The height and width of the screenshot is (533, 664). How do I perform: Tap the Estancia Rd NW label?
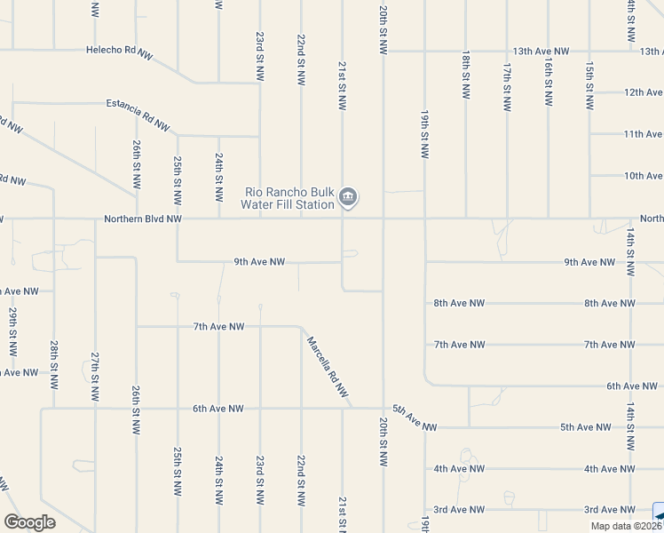point(138,114)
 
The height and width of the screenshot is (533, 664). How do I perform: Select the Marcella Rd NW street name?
point(326,366)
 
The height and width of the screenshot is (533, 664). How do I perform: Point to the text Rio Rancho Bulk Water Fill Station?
point(289,197)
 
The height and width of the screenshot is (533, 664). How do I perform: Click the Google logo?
point(30,522)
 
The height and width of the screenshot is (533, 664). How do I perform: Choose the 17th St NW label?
point(507,86)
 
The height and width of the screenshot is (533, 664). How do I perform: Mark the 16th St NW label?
point(549,86)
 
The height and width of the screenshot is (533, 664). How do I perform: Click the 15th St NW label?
point(589,86)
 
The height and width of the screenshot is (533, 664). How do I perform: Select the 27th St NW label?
point(95,376)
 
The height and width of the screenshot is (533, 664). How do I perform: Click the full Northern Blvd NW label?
point(143,219)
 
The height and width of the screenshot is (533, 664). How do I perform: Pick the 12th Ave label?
point(643,92)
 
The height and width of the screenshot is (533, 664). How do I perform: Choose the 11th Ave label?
point(643,134)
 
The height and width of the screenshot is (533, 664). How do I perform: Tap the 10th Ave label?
point(643,176)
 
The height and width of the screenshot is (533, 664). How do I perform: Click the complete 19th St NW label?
point(425,135)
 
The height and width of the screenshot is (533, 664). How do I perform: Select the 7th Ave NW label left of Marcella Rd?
point(218,327)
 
